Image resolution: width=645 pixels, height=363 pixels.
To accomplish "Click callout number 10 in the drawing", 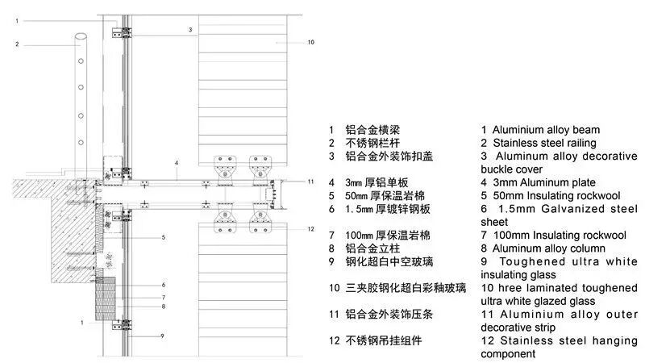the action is point(310,42).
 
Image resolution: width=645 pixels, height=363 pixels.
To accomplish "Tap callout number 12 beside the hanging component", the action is point(310,230).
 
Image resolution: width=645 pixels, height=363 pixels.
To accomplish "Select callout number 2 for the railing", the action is point(16,44).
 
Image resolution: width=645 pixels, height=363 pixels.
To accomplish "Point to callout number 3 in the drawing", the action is point(190,30).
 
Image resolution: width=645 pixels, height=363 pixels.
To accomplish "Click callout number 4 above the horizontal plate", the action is point(176,163).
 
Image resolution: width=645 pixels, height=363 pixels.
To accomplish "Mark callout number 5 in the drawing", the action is point(163,238).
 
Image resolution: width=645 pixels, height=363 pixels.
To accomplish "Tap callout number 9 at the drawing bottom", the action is point(162,336).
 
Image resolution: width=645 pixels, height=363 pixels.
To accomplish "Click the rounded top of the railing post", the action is point(81,36).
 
